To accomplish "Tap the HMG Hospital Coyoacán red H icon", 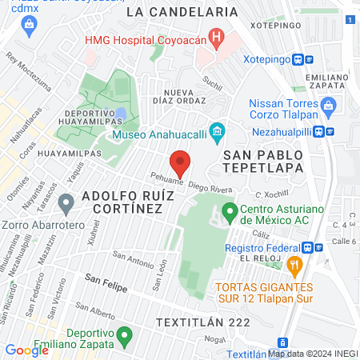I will (x=214, y=38).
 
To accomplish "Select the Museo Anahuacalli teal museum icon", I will (x=215, y=130).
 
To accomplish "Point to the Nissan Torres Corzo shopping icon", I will (x=326, y=104).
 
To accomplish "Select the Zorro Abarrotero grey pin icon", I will (x=67, y=206).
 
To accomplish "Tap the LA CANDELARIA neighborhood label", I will (x=182, y=12).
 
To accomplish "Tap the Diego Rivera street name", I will (x=209, y=183).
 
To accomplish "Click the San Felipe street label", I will (x=106, y=286).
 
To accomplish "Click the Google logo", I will (x=26, y=350).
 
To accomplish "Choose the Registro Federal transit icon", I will (x=319, y=248).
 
